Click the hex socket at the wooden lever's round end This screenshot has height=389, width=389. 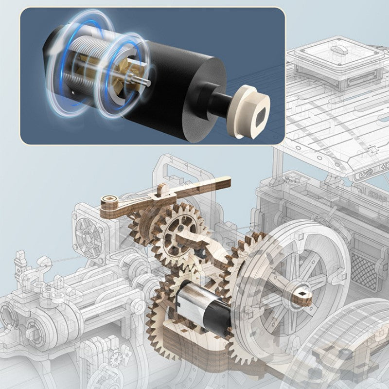tap(108, 200)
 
